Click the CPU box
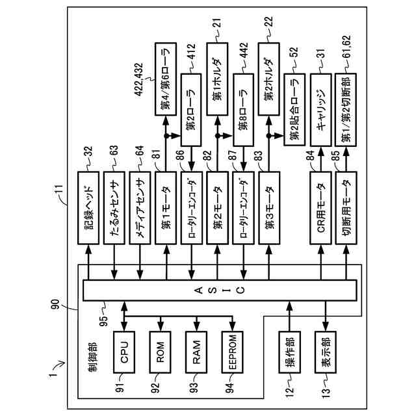(x=124, y=352)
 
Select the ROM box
(x=161, y=352)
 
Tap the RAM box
(x=196, y=352)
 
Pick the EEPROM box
(x=233, y=352)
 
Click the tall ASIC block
(x=220, y=291)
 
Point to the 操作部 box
(x=289, y=352)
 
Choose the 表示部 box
(x=326, y=352)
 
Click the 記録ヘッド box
(x=88, y=208)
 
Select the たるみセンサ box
(x=114, y=208)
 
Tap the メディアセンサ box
(x=140, y=208)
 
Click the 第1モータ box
(x=166, y=208)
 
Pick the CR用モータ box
(x=320, y=208)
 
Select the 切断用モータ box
(x=346, y=208)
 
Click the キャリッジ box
(x=321, y=110)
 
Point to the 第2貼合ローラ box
(x=294, y=110)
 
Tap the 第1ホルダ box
(x=217, y=79)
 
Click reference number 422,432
(x=138, y=79)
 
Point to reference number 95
(x=104, y=320)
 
